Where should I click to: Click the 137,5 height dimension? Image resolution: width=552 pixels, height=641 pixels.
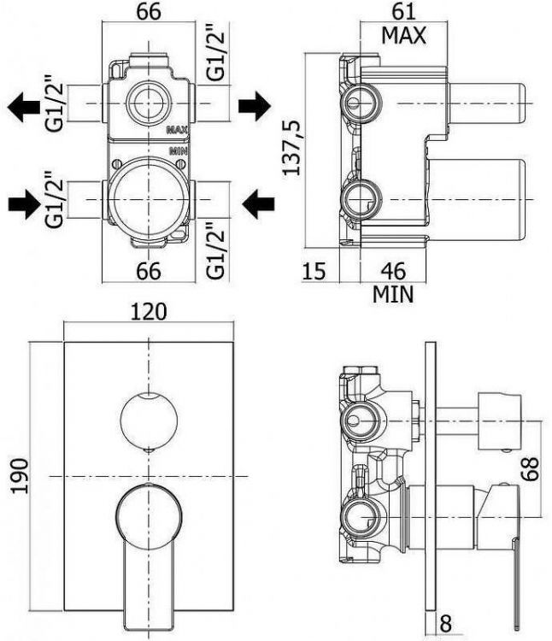292,147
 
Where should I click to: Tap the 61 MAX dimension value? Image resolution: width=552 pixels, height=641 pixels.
403,11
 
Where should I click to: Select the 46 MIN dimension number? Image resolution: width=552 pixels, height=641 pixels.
393,271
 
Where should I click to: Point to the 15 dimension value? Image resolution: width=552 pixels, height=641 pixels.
314,271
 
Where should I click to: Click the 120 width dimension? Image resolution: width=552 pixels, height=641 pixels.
149,311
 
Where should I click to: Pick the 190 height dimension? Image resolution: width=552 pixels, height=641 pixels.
20,476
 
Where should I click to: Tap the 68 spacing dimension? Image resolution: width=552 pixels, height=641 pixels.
531,469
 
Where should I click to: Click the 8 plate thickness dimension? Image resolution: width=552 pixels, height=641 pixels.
446,624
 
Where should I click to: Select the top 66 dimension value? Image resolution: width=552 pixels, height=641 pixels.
149,11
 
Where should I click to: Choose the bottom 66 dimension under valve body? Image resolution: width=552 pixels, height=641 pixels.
149,271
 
